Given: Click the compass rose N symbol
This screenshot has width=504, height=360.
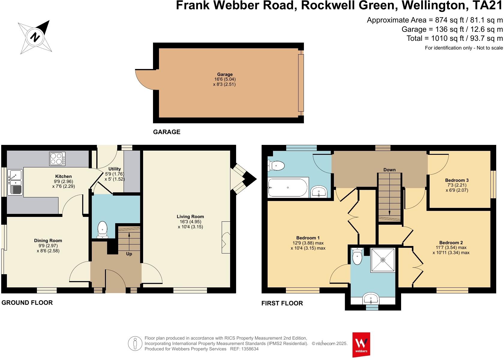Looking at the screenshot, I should tap(35, 37).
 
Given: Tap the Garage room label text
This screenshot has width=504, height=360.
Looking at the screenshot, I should tap(225, 74).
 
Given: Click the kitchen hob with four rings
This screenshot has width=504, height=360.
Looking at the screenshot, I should tap(57, 159).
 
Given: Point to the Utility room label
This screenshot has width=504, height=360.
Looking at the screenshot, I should tap(115, 169).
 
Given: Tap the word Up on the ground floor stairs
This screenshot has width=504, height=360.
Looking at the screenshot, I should tap(129, 254).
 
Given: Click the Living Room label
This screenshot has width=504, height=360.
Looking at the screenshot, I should tap(190, 217).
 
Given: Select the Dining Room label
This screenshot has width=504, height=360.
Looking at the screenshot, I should tap(48, 241).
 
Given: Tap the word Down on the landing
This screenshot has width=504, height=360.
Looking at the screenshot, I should tap(389, 170).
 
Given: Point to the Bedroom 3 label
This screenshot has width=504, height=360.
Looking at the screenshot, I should tap(457, 180).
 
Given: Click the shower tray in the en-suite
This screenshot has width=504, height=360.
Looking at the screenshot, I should tap(383, 260).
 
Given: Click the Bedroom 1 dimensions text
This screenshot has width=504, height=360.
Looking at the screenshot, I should tap(308, 246).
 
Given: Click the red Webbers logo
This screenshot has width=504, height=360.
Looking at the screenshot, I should tap(361, 344).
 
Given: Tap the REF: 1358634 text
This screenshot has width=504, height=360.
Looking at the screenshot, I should tap(244, 349).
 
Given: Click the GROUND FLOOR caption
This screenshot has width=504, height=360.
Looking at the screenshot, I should tap(27, 303).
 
